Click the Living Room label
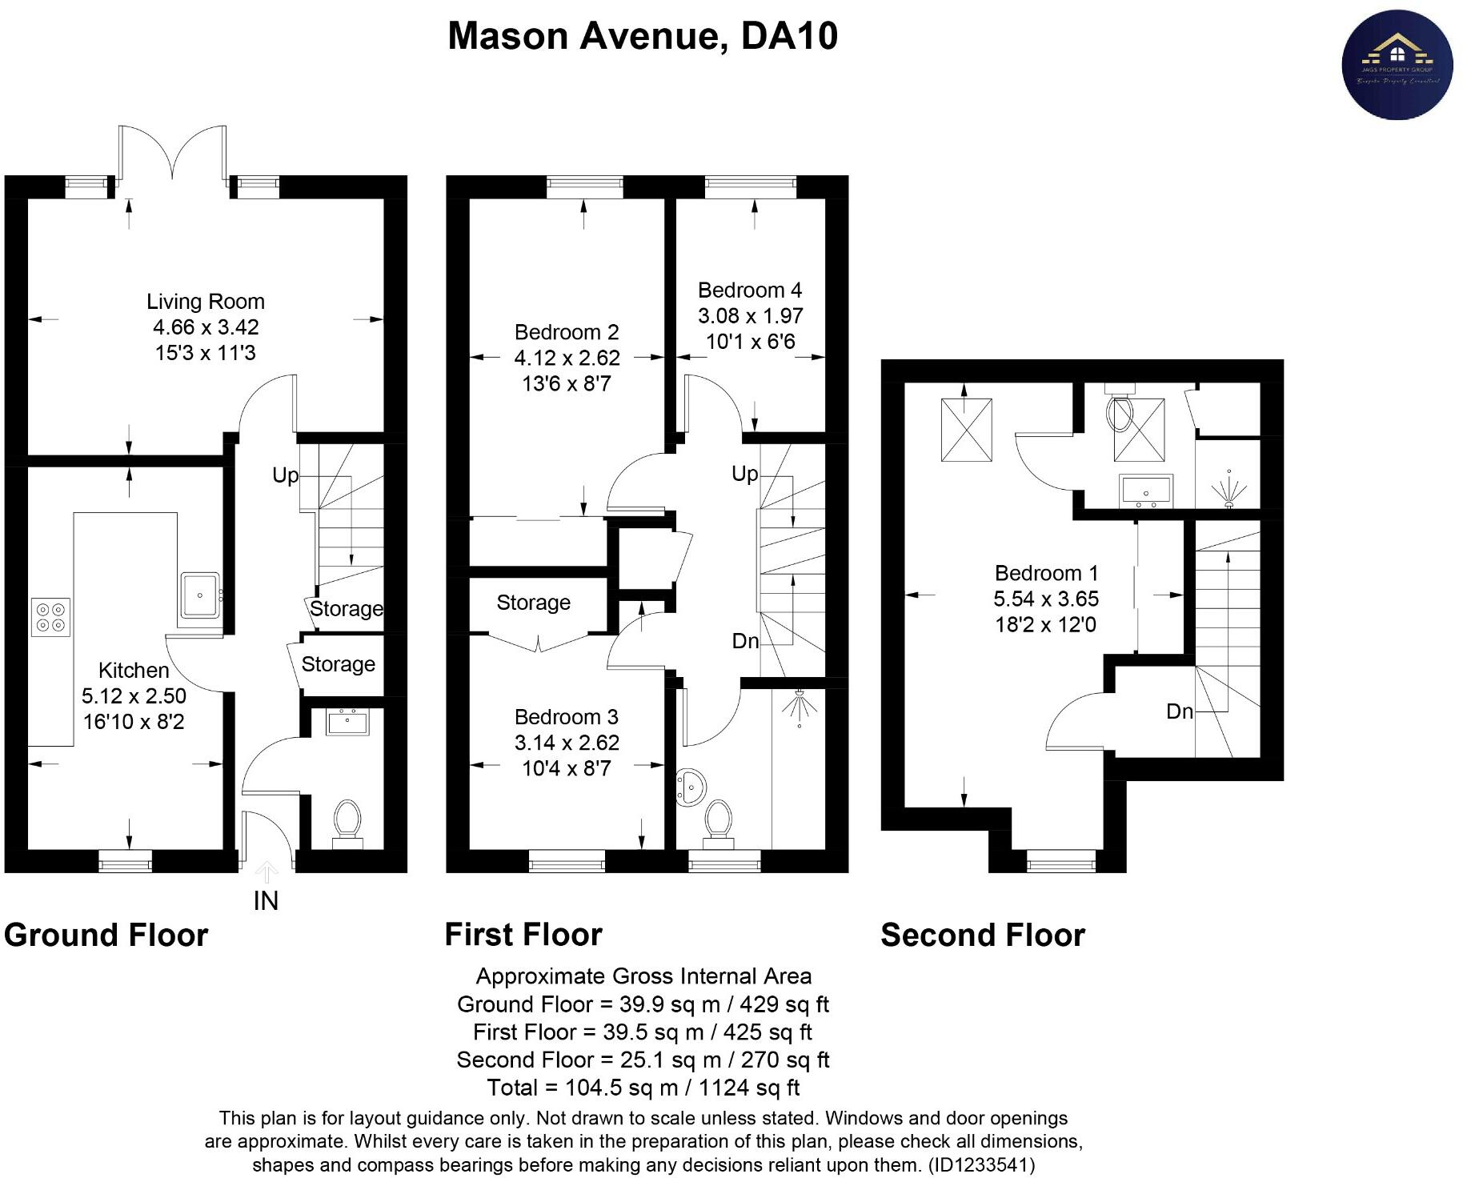point(205,302)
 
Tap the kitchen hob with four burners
point(50,617)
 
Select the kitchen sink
point(199,595)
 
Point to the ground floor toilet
point(347,819)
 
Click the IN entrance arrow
point(266,872)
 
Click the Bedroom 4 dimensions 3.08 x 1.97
point(750,316)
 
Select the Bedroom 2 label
point(566,332)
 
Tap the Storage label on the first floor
point(533,603)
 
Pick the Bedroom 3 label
point(566,717)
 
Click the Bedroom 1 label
point(1046,573)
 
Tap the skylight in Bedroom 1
point(966,430)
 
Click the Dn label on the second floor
point(1179,711)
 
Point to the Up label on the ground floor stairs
point(285,475)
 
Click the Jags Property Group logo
point(1397,65)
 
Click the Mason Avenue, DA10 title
point(642,36)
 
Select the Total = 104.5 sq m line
point(643,1088)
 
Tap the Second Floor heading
point(982,935)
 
